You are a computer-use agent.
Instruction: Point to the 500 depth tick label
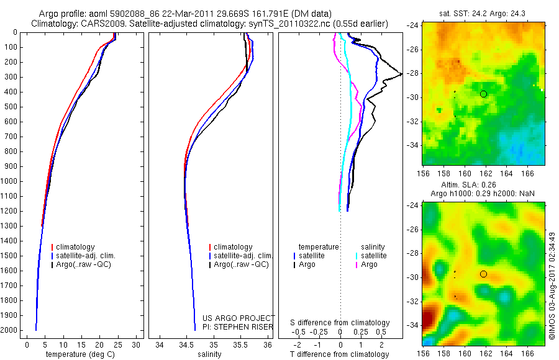point(11,107)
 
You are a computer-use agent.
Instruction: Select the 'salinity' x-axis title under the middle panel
point(209,354)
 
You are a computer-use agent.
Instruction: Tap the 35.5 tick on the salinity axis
point(240,344)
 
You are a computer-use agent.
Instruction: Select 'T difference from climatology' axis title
point(340,354)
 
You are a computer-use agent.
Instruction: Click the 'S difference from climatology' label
point(340,323)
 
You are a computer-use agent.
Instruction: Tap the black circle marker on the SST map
point(483,94)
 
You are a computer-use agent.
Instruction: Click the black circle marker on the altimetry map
point(483,274)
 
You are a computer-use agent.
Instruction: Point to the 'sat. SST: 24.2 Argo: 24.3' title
point(484,12)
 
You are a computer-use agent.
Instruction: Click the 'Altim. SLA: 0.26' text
point(484,184)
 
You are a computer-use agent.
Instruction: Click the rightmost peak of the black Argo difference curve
point(401,74)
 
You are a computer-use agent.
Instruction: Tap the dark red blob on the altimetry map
point(427,320)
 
